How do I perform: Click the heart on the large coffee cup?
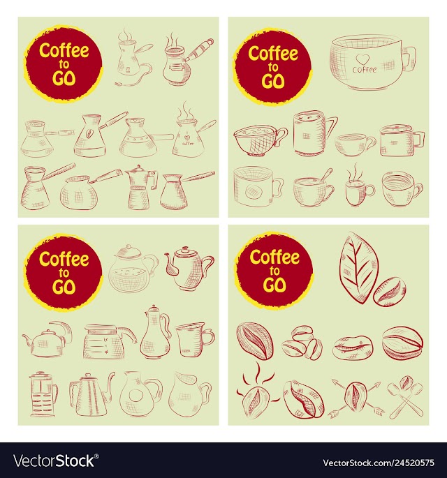click(362, 59)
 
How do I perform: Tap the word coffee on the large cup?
click(365, 70)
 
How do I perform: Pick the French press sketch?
click(43, 394)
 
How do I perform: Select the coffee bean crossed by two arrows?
click(356, 397)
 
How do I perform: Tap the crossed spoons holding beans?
click(405, 396)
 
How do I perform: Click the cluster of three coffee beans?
click(302, 343)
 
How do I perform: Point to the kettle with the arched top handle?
click(47, 339)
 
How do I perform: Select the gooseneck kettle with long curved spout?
click(91, 394)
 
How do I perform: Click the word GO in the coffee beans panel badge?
click(274, 285)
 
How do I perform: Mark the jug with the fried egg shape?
click(140, 394)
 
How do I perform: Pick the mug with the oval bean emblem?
click(258, 187)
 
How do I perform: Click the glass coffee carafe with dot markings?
click(109, 341)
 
